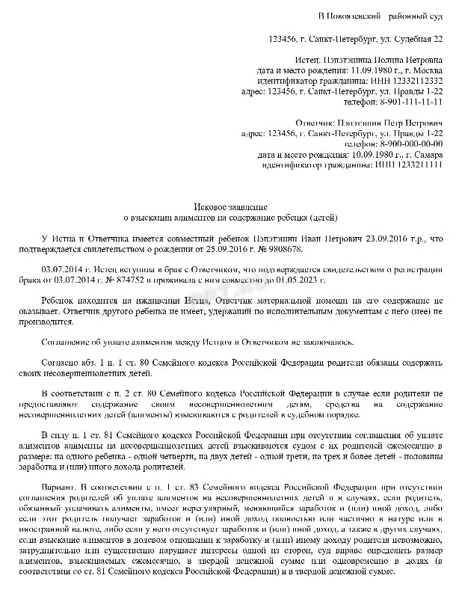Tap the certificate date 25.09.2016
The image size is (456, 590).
(x=218, y=248)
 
